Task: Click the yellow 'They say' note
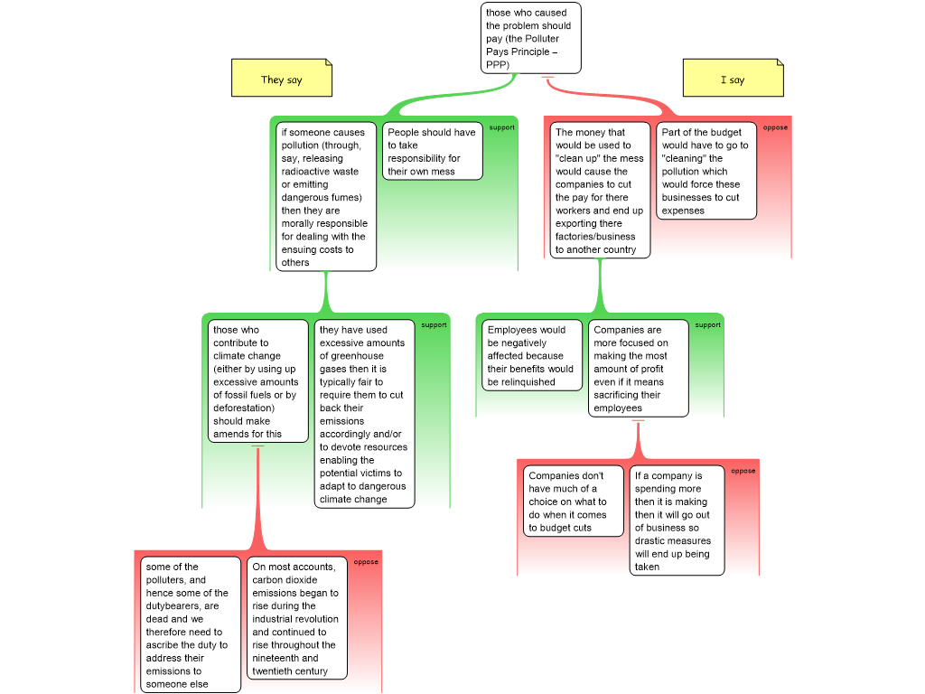click(x=281, y=80)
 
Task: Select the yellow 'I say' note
click(x=732, y=80)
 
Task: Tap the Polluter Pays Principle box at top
click(x=530, y=38)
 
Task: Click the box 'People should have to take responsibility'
click(x=432, y=151)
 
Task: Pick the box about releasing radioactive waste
click(x=325, y=197)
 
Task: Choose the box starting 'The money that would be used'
click(x=601, y=190)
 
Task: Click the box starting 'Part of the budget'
click(x=705, y=171)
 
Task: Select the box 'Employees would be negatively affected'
click(x=531, y=355)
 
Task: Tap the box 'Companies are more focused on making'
click(x=638, y=369)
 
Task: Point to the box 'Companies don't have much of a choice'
click(x=573, y=502)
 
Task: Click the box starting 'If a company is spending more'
click(x=677, y=520)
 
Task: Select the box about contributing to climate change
click(x=257, y=381)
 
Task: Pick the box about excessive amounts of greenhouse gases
click(x=364, y=414)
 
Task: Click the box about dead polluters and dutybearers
click(x=191, y=624)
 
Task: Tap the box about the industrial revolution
click(x=297, y=619)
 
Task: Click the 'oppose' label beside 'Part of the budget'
click(x=775, y=127)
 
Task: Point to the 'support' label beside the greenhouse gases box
click(x=434, y=324)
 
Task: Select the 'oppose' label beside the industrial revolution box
click(x=366, y=561)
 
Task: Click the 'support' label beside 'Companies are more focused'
click(x=707, y=324)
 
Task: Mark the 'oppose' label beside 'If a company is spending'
click(x=743, y=470)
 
